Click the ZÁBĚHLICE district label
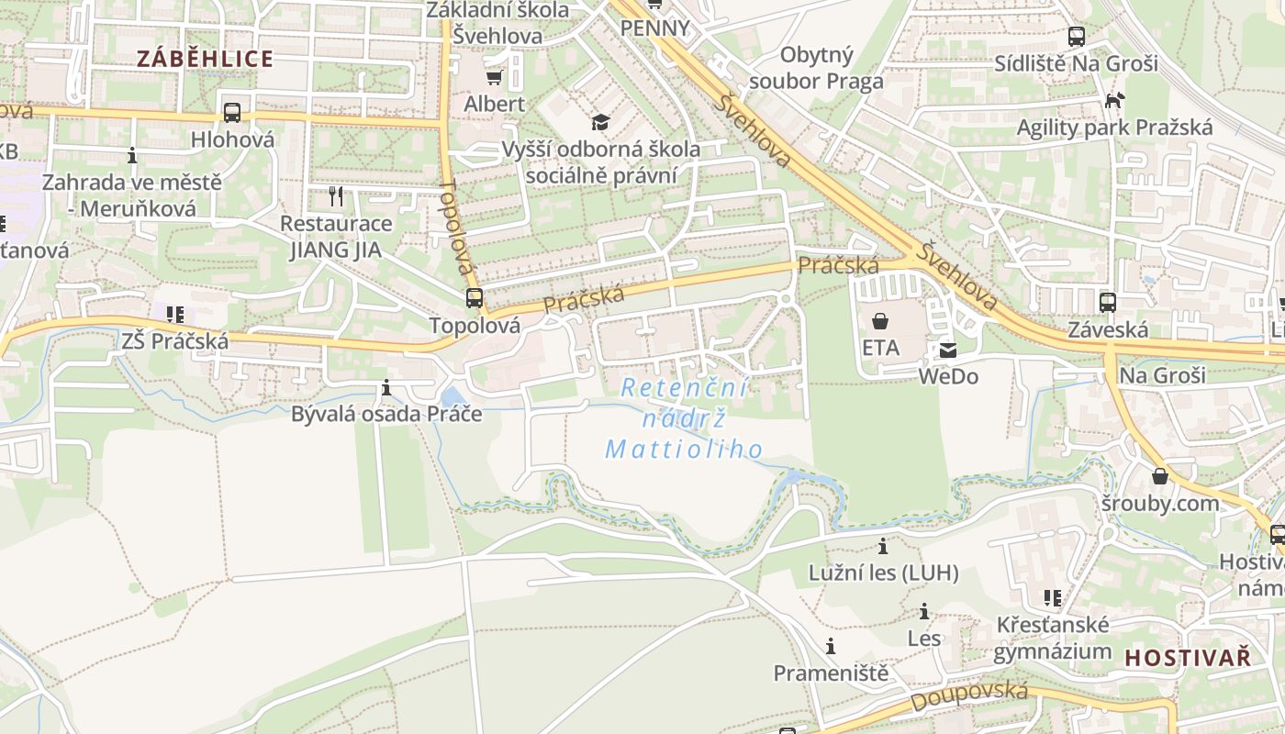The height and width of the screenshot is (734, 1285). click(205, 59)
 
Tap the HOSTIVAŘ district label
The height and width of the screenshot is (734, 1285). click(1188, 657)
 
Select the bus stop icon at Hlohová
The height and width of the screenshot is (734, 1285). click(232, 113)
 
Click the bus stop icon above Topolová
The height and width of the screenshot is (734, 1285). click(474, 298)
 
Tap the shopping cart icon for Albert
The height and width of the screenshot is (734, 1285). click(495, 77)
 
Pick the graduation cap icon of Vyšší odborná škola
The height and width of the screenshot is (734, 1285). click(600, 122)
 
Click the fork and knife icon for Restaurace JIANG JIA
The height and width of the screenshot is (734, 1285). click(336, 195)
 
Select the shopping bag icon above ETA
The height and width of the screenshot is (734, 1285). click(880, 321)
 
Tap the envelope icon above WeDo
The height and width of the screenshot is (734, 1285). click(947, 350)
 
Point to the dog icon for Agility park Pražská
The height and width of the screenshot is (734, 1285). click(1114, 100)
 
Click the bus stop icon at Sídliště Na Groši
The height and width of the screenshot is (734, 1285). click(1077, 37)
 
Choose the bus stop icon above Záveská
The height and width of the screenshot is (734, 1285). click(1108, 302)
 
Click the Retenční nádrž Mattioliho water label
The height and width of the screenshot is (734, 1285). click(685, 418)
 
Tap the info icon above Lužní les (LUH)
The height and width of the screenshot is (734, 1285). click(883, 547)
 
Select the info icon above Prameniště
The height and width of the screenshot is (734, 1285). click(831, 647)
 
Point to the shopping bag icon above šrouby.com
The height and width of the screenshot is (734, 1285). click(1160, 476)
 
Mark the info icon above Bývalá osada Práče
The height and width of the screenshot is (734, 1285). click(386, 387)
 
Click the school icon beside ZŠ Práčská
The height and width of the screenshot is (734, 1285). click(174, 315)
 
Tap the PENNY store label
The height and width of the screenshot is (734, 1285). click(654, 28)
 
